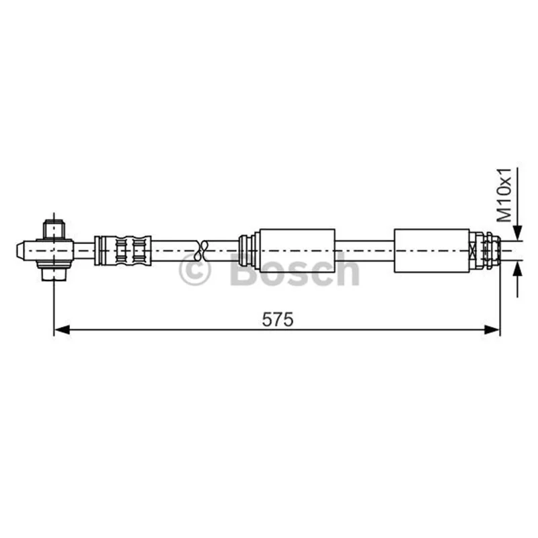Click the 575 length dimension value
coord(278,320)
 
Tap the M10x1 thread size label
coord(504,195)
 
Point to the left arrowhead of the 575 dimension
coord(62,330)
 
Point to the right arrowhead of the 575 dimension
coord(492,330)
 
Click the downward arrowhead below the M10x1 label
coord(518,233)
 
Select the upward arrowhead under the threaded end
coord(518,268)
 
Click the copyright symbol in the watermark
coord(194,270)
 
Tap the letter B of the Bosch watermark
coord(243,270)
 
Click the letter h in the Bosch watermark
coord(348,269)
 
